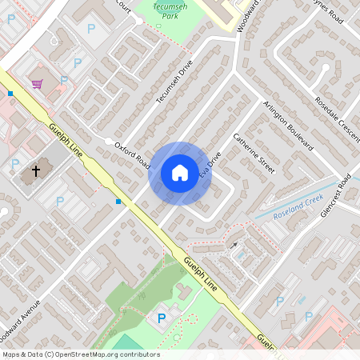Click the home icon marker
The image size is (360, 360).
coord(180,173)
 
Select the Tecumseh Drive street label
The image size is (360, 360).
coord(175,83)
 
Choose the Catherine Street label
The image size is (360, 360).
coord(254,154)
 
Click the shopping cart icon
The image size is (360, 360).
coord(37,83)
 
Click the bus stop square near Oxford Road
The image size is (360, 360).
coord(118,202)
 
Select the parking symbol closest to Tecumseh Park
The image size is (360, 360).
coord(90,27)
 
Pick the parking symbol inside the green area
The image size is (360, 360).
coord(162,318)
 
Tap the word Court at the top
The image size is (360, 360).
coord(122,4)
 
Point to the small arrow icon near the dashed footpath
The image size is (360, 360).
coord(234,245)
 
